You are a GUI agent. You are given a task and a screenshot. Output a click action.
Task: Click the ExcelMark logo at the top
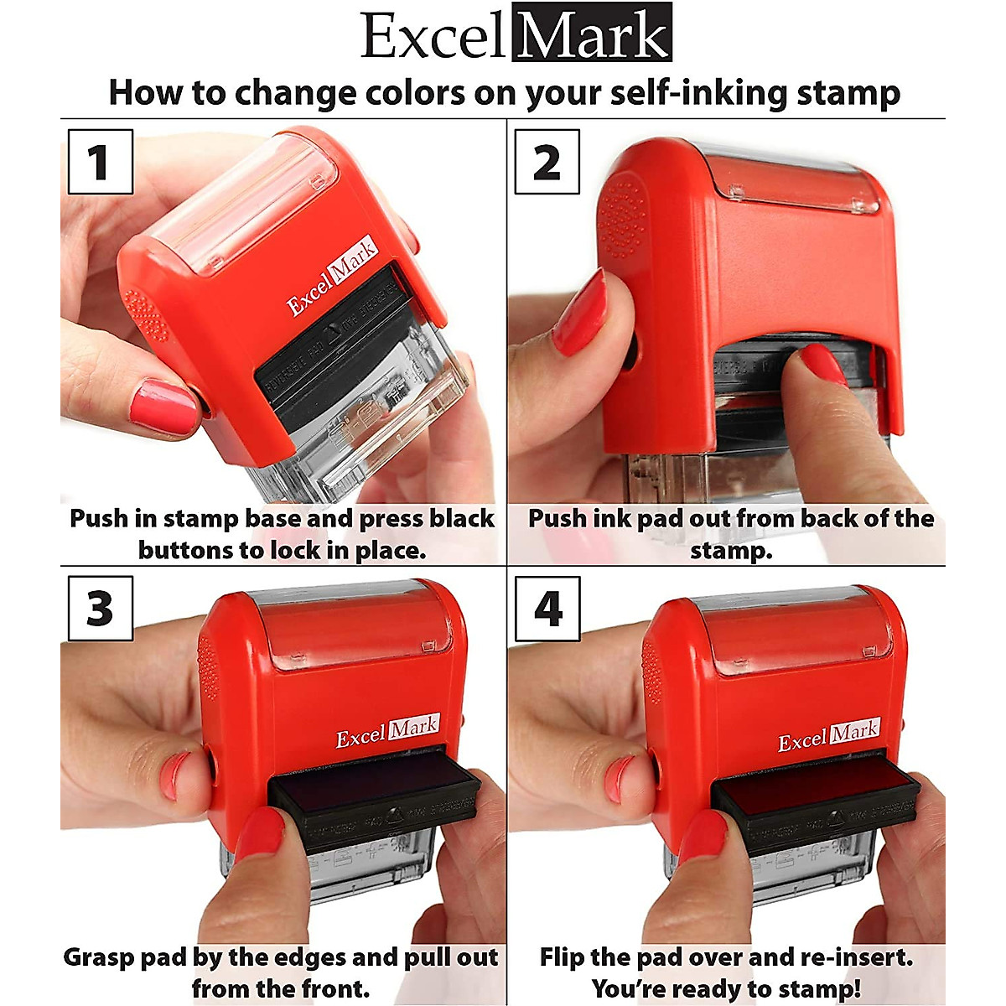516,35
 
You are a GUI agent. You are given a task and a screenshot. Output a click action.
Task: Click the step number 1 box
100,162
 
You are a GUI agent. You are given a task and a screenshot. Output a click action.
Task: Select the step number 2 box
547,162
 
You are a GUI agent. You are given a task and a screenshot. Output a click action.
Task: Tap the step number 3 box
100,609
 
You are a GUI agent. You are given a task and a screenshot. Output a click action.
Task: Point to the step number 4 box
547,609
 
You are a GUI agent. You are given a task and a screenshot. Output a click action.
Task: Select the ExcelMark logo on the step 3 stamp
387,732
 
